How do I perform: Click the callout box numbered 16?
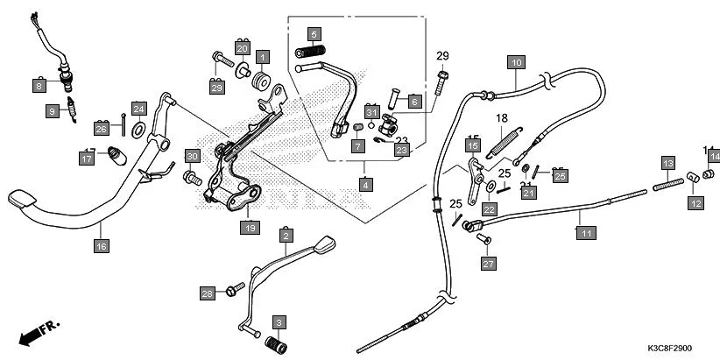coord(102,247)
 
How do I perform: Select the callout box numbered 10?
coord(516,62)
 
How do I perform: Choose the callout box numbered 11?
coord(582,232)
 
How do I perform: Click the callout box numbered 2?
coord(286,235)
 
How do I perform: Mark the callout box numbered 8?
coord(39,86)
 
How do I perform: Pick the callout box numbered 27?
coord(488,263)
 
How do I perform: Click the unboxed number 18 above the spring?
coord(503,118)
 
